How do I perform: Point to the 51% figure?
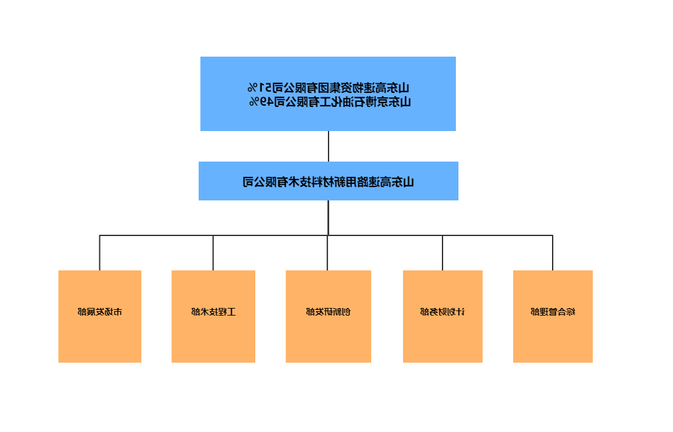(257, 87)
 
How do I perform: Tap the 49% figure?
(258, 101)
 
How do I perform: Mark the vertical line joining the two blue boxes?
(329, 146)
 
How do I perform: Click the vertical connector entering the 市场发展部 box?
(99, 253)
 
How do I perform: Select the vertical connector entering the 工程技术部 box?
(213, 253)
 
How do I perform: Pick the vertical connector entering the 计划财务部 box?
(443, 253)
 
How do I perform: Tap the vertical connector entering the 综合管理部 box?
(553, 253)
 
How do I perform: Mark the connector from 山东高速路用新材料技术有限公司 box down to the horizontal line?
(329, 218)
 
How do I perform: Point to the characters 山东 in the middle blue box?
(405, 182)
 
